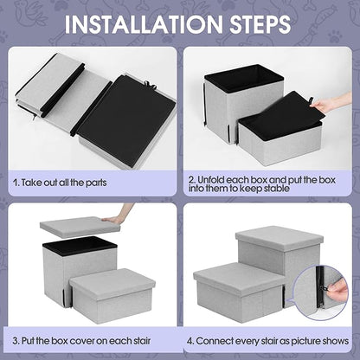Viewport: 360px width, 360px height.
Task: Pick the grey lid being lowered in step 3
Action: pyautogui.click(x=80, y=228)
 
